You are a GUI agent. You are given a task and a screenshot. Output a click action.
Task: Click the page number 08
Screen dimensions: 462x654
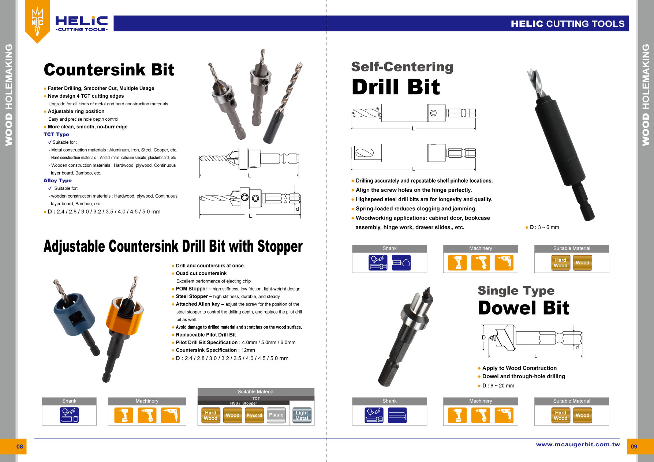(x=19, y=446)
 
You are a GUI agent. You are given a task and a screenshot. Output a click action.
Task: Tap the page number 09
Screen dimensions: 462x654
(x=634, y=446)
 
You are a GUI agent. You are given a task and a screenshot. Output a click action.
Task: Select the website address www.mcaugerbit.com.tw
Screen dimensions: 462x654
(x=578, y=444)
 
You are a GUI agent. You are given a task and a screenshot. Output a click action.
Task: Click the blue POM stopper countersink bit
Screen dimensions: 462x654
(x=74, y=315)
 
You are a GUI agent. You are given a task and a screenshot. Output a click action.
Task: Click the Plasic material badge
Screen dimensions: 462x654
(x=276, y=415)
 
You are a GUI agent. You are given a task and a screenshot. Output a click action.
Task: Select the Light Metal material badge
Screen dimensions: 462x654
(x=302, y=416)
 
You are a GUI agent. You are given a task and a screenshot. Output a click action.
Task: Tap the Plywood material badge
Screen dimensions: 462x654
(x=254, y=416)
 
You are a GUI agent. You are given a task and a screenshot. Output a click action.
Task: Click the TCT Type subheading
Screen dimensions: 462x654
(x=56, y=134)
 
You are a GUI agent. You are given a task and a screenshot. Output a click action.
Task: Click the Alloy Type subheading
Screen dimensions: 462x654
(x=57, y=180)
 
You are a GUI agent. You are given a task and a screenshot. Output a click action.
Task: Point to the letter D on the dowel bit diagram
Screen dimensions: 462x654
(x=483, y=337)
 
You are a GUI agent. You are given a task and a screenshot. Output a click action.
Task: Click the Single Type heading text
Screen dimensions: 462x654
(x=516, y=290)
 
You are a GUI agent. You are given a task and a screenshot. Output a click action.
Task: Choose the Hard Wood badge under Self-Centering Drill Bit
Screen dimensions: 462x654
(x=560, y=263)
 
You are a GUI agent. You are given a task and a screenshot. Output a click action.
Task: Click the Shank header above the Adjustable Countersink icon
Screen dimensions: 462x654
(x=69, y=401)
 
